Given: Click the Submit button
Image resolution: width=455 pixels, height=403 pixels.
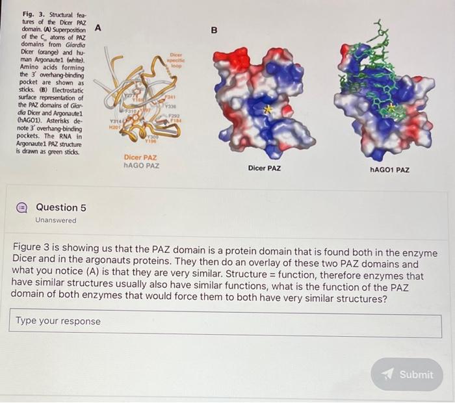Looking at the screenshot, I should point(407,374).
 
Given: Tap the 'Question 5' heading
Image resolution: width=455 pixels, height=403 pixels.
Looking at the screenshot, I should point(60,207).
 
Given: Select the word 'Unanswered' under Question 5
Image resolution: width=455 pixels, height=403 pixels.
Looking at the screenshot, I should point(56,220).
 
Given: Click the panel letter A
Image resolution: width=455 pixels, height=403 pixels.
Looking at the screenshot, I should point(98,27).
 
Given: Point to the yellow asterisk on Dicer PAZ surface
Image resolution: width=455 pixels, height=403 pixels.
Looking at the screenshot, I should point(266,110).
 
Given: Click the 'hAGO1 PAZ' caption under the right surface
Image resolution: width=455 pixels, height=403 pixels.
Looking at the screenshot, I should point(389,170).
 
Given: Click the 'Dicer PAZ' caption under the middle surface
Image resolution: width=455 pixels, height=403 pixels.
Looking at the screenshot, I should point(265,168).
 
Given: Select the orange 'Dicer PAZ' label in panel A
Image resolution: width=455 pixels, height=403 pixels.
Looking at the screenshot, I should point(141,157).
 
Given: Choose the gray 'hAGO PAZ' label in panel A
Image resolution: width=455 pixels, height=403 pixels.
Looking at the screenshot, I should point(141,166).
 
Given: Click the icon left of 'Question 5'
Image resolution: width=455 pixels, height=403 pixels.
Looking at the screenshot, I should point(21,207).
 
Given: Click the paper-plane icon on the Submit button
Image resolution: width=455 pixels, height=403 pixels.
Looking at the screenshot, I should point(389,374).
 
